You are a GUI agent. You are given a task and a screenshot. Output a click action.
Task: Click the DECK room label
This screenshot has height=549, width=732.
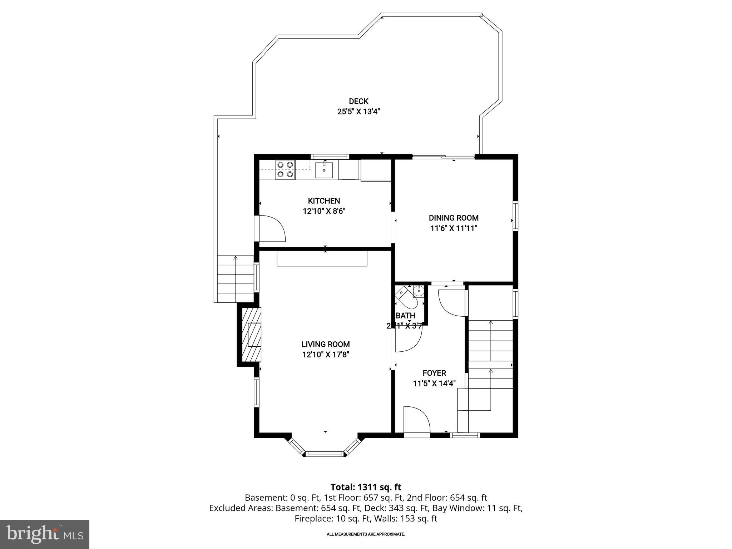tap(358, 102)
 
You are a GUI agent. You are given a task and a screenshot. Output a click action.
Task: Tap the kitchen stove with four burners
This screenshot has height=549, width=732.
tap(285, 170)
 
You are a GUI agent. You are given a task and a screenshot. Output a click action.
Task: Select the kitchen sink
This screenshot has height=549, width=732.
tap(324, 170)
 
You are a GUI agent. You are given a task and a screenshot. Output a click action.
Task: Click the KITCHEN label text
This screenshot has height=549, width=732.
tap(324, 201)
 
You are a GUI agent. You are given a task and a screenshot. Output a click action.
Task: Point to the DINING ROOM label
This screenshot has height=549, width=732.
tap(454, 218)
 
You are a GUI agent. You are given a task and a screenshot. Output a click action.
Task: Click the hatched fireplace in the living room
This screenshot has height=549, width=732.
tap(252, 335)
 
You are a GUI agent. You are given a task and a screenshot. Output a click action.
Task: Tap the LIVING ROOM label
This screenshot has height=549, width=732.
tap(325, 344)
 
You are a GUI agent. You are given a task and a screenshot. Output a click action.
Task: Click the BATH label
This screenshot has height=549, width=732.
tap(405, 316)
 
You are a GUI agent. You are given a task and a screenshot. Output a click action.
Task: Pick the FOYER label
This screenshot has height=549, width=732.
tap(434, 373)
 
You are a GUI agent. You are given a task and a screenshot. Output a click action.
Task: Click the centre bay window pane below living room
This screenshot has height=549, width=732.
tap(325, 454)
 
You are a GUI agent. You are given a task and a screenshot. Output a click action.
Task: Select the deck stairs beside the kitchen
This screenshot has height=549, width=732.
tap(235, 278)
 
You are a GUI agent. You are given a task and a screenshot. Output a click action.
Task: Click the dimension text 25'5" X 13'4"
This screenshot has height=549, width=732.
tap(358, 112)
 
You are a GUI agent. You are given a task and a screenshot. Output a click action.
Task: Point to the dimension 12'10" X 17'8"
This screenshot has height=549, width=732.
tap(325, 355)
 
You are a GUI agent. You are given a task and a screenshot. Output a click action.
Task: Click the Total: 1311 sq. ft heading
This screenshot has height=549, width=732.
tap(366, 487)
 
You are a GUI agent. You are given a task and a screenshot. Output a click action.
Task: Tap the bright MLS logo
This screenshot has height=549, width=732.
tap(44, 534)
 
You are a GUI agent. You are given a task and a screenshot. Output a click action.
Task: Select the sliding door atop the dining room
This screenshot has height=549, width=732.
tap(444, 156)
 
